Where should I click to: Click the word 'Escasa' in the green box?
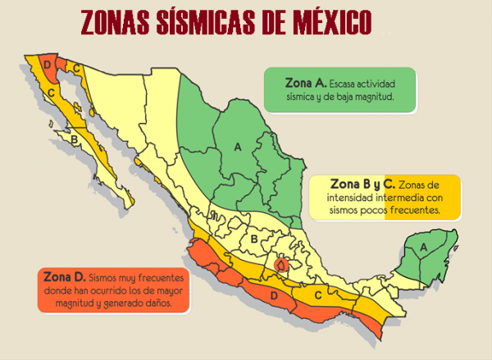click(351, 84)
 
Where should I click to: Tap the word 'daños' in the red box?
click(155, 303)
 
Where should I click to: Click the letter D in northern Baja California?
click(48, 65)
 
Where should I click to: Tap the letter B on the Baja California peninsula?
click(74, 140)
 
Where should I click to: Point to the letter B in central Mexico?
click(254, 239)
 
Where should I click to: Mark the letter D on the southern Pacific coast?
click(275, 295)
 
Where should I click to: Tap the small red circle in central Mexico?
click(282, 265)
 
